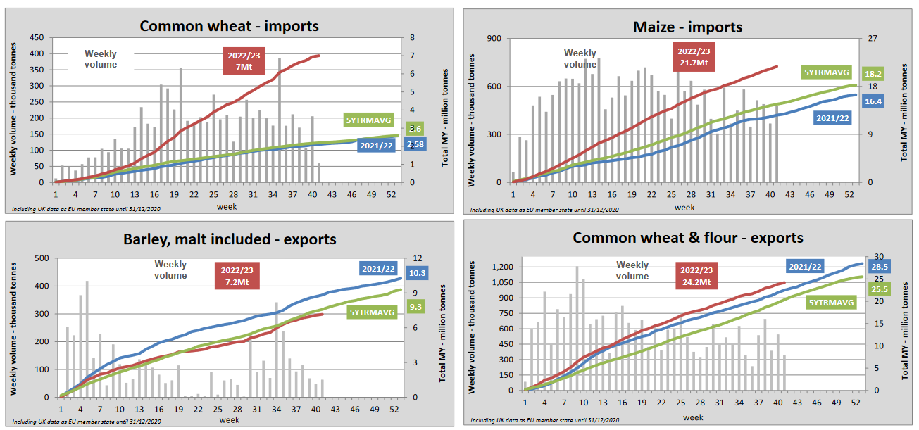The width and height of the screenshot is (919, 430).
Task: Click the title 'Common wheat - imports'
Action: click(x=229, y=26)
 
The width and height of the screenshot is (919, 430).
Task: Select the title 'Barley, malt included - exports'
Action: click(x=229, y=239)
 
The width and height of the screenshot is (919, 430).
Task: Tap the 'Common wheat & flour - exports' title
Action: click(x=688, y=237)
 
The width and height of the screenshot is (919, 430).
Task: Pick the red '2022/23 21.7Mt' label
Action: click(x=694, y=57)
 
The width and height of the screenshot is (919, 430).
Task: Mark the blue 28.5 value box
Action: click(x=879, y=267)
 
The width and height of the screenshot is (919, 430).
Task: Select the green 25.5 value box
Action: click(x=879, y=289)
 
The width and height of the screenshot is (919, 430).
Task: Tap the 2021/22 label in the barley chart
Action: click(x=378, y=267)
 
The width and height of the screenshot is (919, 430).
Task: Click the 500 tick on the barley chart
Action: click(x=42, y=258)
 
